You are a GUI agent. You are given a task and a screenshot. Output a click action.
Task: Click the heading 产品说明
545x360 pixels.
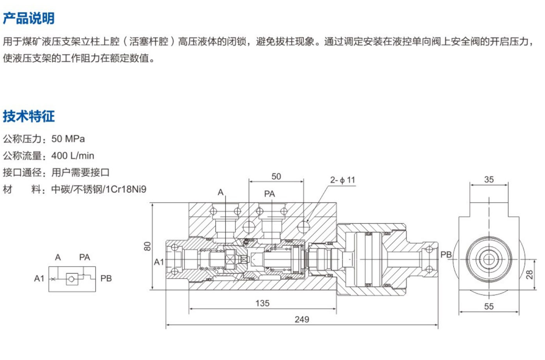point(28,18)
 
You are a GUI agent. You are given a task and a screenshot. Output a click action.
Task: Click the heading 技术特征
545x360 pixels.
point(28,116)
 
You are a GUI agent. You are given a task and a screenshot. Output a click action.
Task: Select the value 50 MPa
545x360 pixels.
point(68,139)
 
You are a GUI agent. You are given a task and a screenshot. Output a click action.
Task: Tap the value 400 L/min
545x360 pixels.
point(73,156)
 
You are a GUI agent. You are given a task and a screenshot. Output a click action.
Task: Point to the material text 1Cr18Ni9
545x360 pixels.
point(126,189)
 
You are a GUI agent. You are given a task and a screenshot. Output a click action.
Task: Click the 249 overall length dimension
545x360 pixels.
point(302,319)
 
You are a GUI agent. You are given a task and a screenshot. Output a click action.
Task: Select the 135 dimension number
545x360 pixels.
point(262,303)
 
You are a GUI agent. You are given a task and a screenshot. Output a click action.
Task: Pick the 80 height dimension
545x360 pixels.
point(147,246)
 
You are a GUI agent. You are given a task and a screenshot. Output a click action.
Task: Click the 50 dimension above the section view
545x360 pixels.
point(276,176)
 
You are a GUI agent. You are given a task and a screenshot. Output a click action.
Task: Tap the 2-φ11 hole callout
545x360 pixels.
point(343,180)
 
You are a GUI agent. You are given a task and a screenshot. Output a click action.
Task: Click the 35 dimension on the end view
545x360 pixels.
point(489,180)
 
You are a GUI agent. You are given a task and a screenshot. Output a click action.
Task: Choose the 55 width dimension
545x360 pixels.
point(489,307)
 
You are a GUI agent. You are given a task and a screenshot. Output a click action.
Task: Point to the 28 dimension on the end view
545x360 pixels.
point(529,275)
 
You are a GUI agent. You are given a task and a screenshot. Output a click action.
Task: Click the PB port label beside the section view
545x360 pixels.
point(446,255)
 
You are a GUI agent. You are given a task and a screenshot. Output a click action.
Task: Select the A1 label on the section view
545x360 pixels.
point(159,262)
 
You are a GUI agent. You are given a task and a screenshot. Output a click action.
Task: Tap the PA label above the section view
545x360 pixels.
point(269,194)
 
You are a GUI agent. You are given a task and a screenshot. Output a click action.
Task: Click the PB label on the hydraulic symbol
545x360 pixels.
point(106,279)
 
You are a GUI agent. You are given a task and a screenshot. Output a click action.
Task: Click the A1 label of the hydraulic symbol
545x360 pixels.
point(39,279)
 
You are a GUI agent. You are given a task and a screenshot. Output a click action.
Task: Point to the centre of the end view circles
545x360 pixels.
point(489,259)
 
